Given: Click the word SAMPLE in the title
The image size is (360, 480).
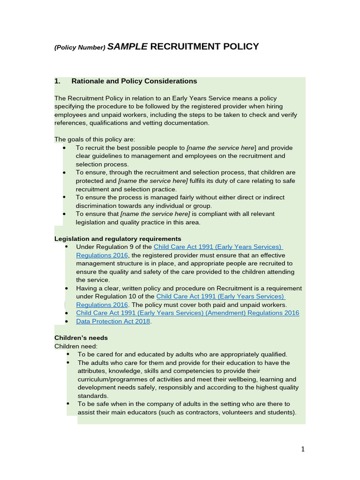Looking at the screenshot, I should (x=127, y=46).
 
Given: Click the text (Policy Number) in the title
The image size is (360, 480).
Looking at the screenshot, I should (x=80, y=47).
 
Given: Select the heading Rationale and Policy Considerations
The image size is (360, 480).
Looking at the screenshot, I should (x=134, y=81).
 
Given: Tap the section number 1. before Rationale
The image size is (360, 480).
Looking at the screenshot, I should (x=58, y=81).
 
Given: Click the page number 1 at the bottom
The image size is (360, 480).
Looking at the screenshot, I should (x=303, y=450).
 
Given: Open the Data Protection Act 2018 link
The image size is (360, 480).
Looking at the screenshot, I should (x=113, y=321).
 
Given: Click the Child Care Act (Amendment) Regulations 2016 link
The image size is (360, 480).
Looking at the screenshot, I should (x=187, y=313).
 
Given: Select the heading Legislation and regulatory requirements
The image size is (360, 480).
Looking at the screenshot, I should (x=118, y=239).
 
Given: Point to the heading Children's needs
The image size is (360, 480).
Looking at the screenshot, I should (x=81, y=337).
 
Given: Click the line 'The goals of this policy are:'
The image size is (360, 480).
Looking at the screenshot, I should (x=95, y=139).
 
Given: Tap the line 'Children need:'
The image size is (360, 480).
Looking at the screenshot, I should (x=76, y=346).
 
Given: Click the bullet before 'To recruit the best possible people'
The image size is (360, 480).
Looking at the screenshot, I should (x=65, y=148).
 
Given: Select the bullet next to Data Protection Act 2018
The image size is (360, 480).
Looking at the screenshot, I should (x=67, y=321).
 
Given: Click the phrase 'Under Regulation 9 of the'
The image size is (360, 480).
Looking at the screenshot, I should (x=114, y=247).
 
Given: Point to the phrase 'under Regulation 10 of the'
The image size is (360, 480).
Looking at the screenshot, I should (x=115, y=297).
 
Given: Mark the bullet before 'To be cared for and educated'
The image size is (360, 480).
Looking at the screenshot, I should (x=68, y=354).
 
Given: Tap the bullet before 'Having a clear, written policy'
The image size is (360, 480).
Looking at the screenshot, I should (x=67, y=288).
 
